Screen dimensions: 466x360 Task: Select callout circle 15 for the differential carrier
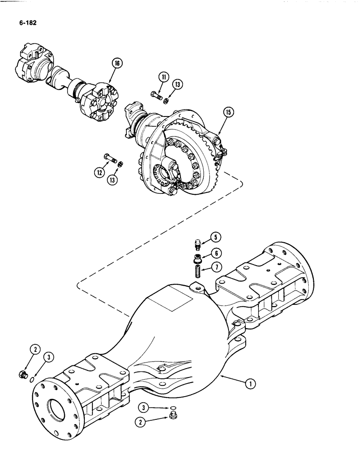(228, 112)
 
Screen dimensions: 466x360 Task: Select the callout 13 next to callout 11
(177, 84)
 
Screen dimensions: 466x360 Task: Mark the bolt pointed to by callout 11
(156, 96)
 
